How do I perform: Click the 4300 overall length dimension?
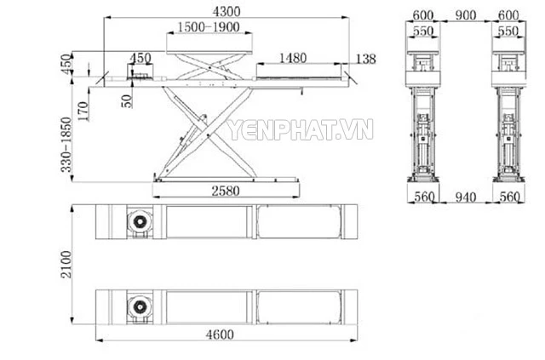[227, 11]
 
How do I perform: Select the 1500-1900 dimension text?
[209, 26]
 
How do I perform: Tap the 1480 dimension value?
[293, 58]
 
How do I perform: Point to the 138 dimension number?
[365, 59]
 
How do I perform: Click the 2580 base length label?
[226, 191]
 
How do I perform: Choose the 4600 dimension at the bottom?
[220, 334]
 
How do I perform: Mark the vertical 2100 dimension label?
[66, 264]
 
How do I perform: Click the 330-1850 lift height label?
[66, 145]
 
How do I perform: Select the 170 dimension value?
[83, 111]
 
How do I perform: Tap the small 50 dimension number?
[127, 100]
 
